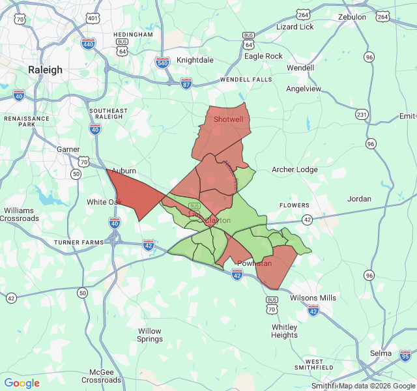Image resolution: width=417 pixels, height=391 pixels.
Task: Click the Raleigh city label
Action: [x=46, y=70]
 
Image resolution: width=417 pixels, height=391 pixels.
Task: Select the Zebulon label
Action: [x=352, y=17]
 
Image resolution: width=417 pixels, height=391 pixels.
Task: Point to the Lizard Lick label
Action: [x=295, y=27]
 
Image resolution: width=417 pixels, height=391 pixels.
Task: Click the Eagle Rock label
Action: [x=263, y=56]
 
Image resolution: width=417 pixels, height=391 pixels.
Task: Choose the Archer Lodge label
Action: [x=295, y=170]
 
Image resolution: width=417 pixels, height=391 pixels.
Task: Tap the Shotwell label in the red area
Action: [x=228, y=120]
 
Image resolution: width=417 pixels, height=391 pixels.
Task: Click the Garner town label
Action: [x=68, y=149]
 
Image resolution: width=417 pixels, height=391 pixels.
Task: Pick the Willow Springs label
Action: [x=150, y=335]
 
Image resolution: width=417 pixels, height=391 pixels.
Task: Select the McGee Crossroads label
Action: [x=102, y=375]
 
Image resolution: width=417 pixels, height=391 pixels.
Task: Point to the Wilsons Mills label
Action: [x=313, y=298]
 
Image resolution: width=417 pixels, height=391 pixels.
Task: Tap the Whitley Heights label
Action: [x=284, y=331]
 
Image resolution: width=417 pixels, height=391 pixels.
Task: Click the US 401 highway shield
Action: [x=93, y=18]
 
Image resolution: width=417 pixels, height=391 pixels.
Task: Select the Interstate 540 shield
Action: [x=163, y=62]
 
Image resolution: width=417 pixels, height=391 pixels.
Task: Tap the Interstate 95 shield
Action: [x=405, y=356]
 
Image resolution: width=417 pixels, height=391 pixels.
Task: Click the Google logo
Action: [x=22, y=383]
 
